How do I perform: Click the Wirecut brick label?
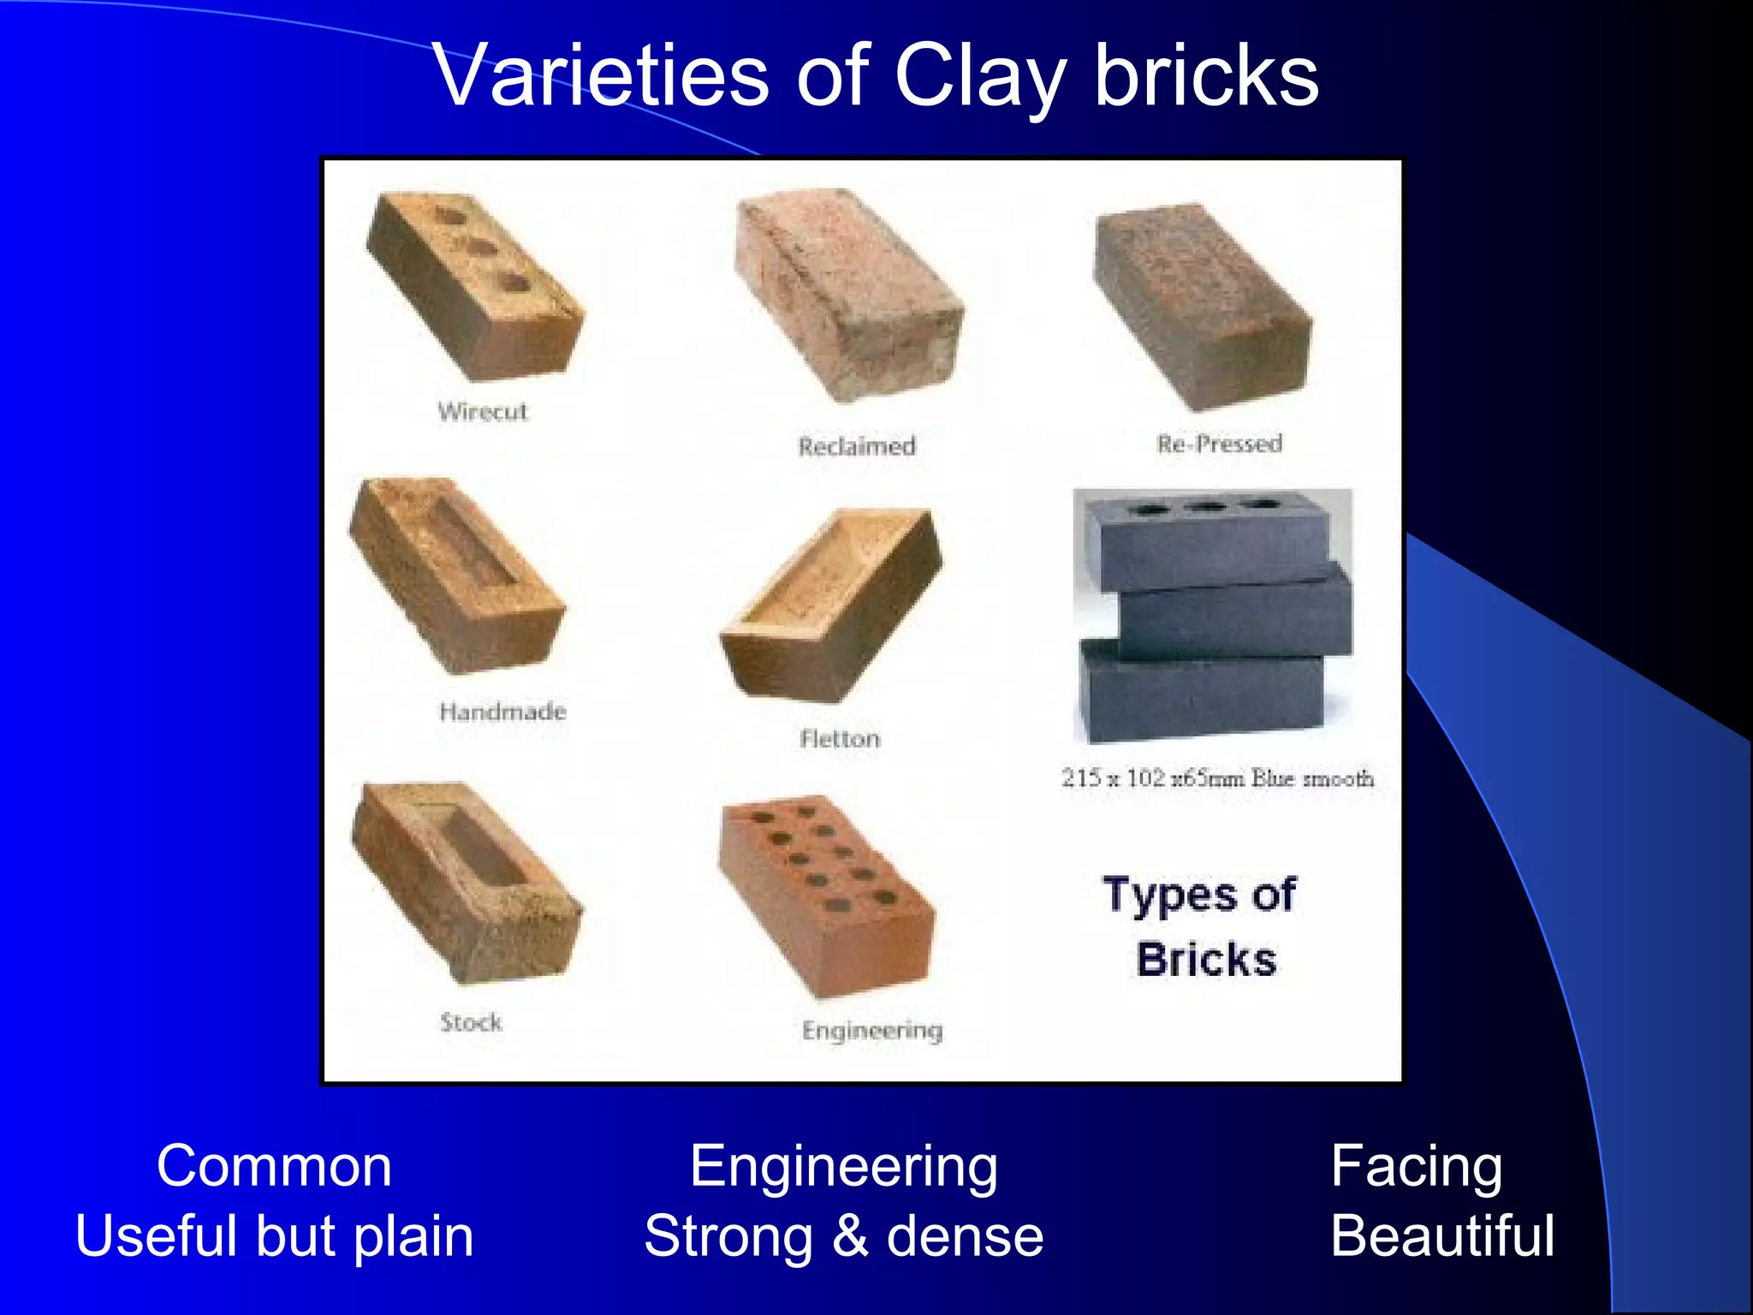(x=483, y=412)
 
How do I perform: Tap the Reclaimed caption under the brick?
(x=857, y=446)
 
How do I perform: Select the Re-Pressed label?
(x=1220, y=443)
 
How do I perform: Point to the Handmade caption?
(x=502, y=711)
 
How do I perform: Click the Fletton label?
(x=840, y=739)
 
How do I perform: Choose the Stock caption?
(x=471, y=1022)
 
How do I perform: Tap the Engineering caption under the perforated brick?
(x=872, y=1031)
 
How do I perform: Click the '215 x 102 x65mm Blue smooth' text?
(x=1217, y=778)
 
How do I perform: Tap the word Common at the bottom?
(x=274, y=1166)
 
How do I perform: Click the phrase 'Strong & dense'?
(x=844, y=1236)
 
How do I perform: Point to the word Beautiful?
(x=1442, y=1236)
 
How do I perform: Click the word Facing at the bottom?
(x=1417, y=1166)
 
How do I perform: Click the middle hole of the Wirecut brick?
(x=481, y=248)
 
